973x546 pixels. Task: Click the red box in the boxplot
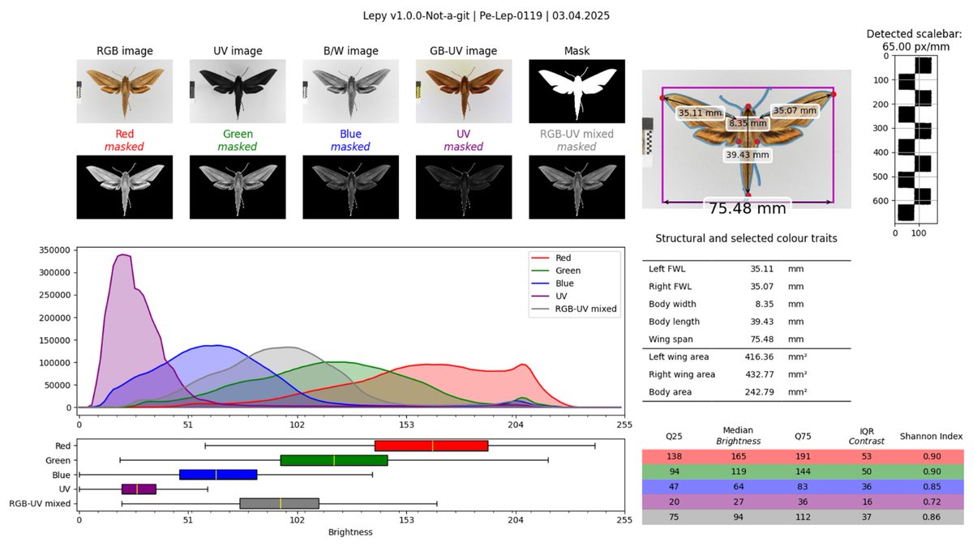click(x=431, y=446)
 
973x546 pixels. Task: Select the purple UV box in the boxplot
click(x=139, y=489)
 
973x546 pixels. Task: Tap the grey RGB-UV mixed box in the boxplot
click(x=280, y=504)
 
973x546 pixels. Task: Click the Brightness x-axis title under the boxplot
click(x=350, y=532)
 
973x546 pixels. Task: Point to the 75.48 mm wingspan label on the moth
click(x=747, y=208)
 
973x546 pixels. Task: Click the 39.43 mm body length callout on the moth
click(x=747, y=154)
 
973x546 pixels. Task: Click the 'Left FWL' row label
click(x=666, y=269)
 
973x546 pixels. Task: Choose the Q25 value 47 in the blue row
click(x=674, y=487)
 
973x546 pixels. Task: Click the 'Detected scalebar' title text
click(x=913, y=34)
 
